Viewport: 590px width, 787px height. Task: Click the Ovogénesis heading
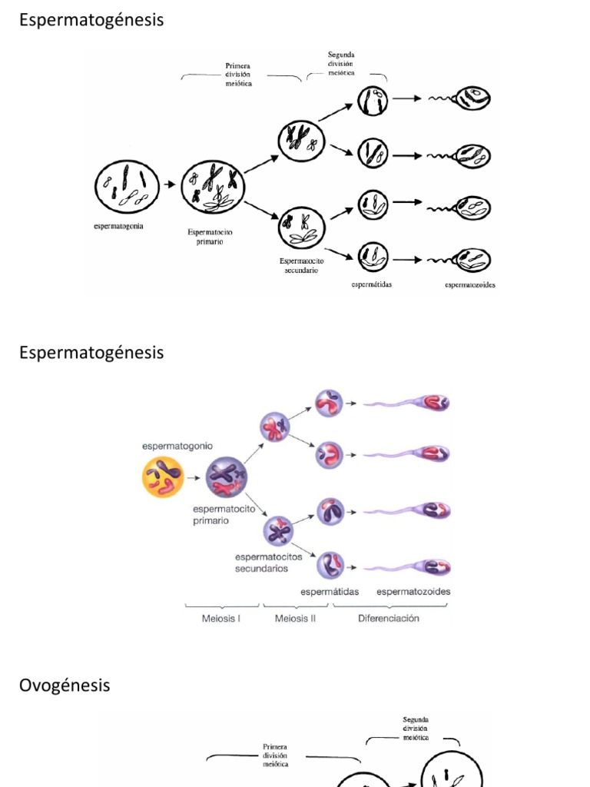pyautogui.click(x=65, y=685)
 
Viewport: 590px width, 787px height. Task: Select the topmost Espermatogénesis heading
pyautogui.click(x=91, y=20)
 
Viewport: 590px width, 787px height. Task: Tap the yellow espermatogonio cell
pyautogui.click(x=163, y=478)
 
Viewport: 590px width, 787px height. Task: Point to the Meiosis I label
pyautogui.click(x=221, y=619)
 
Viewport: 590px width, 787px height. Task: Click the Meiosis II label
pyautogui.click(x=295, y=619)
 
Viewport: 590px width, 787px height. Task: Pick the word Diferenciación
pyautogui.click(x=389, y=619)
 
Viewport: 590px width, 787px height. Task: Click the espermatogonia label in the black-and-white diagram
pyautogui.click(x=118, y=226)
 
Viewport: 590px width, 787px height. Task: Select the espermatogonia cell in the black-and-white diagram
pyautogui.click(x=127, y=187)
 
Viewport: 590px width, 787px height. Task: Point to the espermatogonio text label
pyautogui.click(x=177, y=446)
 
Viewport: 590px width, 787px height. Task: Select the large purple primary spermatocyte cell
pyautogui.click(x=226, y=477)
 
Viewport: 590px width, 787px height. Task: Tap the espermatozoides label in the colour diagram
pyautogui.click(x=413, y=592)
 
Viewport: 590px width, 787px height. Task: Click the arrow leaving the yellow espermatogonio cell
pyautogui.click(x=194, y=478)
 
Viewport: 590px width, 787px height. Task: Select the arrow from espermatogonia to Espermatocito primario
pyautogui.click(x=170, y=185)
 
